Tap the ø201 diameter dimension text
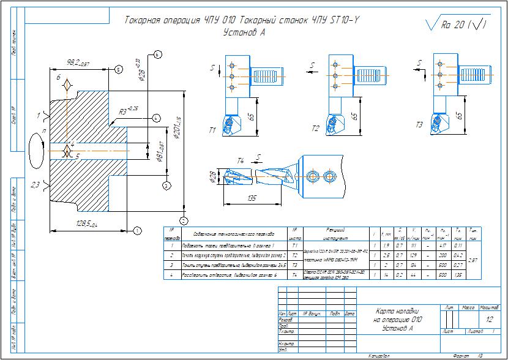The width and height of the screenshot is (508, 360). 177,127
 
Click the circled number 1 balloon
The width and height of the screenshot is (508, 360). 137,230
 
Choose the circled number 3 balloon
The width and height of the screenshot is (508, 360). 166,184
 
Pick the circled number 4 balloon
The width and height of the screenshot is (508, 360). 156,117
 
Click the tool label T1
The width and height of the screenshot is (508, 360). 212,130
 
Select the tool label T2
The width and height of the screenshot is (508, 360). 316,129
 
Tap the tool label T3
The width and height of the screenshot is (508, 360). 419,126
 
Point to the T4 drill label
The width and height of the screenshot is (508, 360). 241,160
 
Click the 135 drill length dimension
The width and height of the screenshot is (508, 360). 251,198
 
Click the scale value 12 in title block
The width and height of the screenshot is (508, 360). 489,320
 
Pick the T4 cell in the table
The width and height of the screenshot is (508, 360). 296,276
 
